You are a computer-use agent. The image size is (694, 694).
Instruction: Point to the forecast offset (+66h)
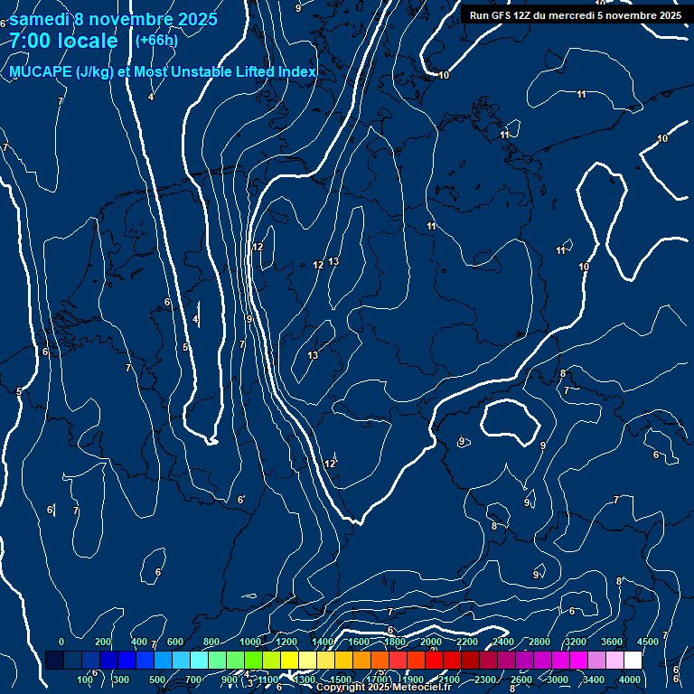[156, 40]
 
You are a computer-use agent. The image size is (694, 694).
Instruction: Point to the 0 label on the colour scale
[61, 642]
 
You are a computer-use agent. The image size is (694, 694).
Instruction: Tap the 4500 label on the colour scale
[648, 642]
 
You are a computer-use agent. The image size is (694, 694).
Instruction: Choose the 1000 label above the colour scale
[250, 642]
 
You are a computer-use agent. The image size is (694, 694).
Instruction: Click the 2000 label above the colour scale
[431, 642]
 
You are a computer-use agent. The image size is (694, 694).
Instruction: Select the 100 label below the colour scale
[86, 680]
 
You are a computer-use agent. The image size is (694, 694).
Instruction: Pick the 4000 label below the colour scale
[630, 680]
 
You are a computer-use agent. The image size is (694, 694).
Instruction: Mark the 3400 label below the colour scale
[594, 680]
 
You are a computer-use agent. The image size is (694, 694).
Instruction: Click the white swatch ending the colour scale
[633, 661]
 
